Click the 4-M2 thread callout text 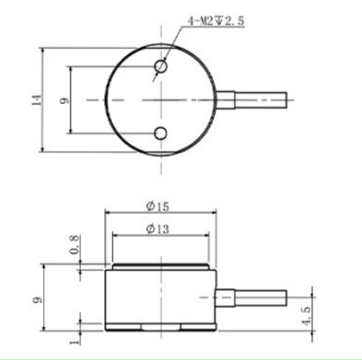(x=216, y=21)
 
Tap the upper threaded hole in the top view (x=160, y=66)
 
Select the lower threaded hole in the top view (x=160, y=134)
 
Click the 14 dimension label (x=37, y=100)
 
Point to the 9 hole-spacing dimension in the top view (x=64, y=100)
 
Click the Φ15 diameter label (x=158, y=206)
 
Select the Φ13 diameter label (x=158, y=229)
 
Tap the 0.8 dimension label (x=75, y=245)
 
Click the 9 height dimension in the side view (x=37, y=299)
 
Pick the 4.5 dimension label (x=307, y=316)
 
